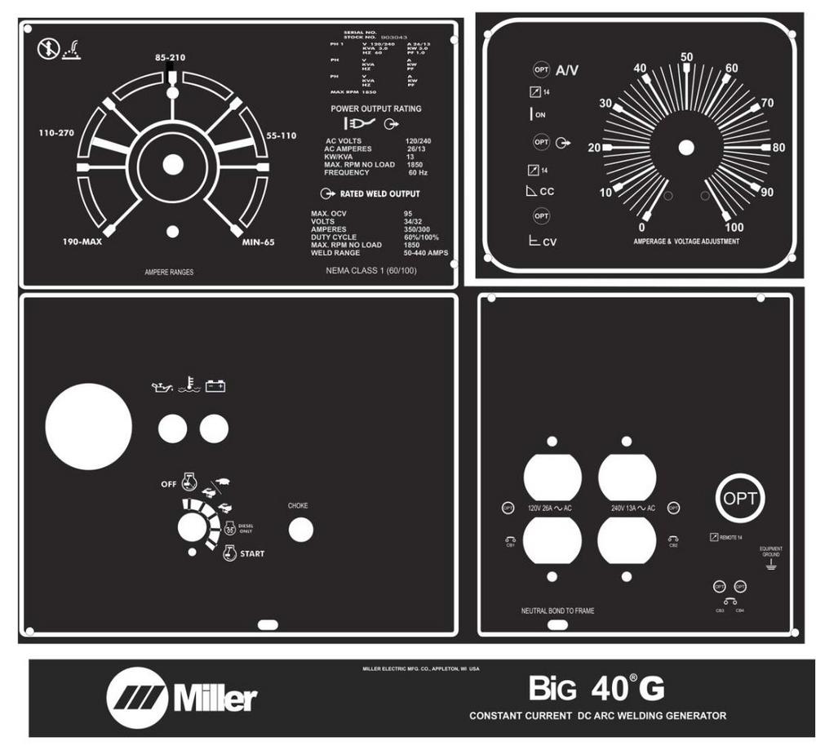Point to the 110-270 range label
pyautogui.click(x=62, y=132)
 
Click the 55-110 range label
pyautogui.click(x=282, y=135)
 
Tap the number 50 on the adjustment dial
pyautogui.click(x=687, y=57)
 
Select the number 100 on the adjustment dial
pyautogui.click(x=734, y=227)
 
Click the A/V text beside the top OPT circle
pyautogui.click(x=567, y=71)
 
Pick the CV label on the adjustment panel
pyautogui.click(x=549, y=242)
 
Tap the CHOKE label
pyautogui.click(x=298, y=506)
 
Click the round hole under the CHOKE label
pyautogui.click(x=300, y=531)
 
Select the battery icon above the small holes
pyautogui.click(x=215, y=384)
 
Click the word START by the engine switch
pyautogui.click(x=252, y=554)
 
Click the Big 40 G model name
pyautogui.click(x=596, y=690)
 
